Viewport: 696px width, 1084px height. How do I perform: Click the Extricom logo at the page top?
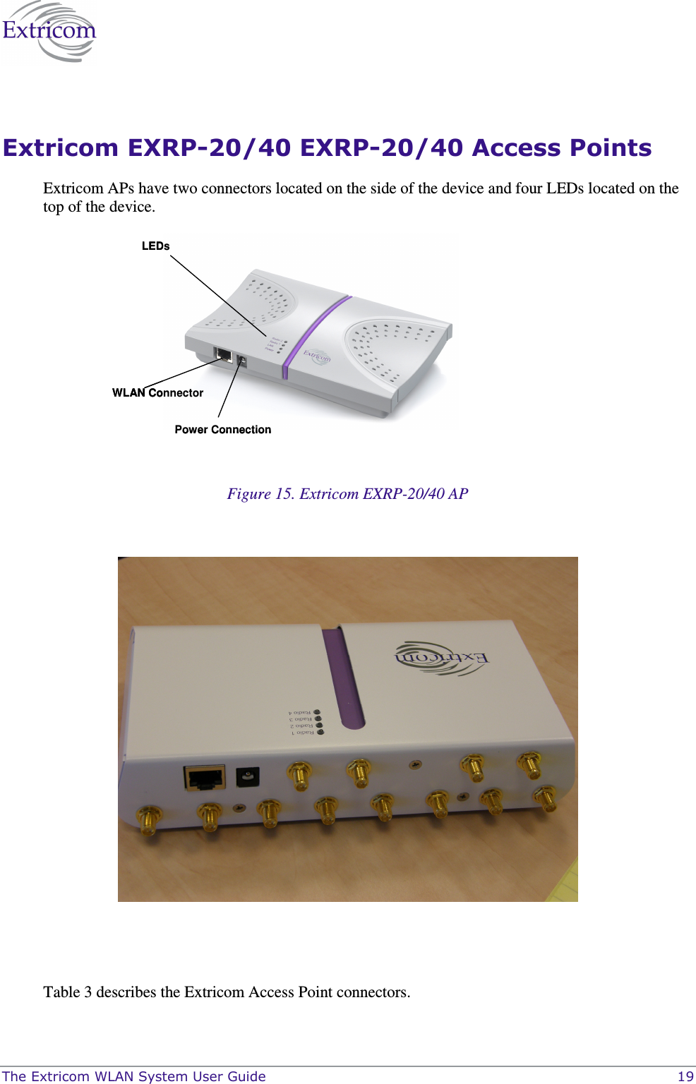pos(48,32)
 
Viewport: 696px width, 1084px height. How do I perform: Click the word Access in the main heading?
pos(516,148)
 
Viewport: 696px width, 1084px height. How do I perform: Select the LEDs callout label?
pos(155,246)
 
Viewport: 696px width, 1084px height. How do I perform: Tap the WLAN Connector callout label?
pos(157,393)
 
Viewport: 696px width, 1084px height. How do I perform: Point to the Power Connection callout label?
pos(222,430)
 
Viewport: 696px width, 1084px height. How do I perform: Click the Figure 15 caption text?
pos(347,494)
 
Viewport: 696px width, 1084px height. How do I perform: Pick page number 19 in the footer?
pos(685,1076)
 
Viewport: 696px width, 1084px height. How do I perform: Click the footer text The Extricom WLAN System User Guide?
pos(134,1076)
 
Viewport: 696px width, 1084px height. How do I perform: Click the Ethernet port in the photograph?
pos(205,778)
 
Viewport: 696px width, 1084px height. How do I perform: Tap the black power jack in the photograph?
pos(247,777)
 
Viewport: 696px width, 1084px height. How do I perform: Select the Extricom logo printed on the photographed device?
pos(440,658)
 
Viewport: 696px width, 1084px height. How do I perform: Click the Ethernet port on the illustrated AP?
pos(224,355)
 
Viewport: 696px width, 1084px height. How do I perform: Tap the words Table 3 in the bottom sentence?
pos(68,992)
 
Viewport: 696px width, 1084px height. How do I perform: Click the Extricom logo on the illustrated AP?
pos(317,356)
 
